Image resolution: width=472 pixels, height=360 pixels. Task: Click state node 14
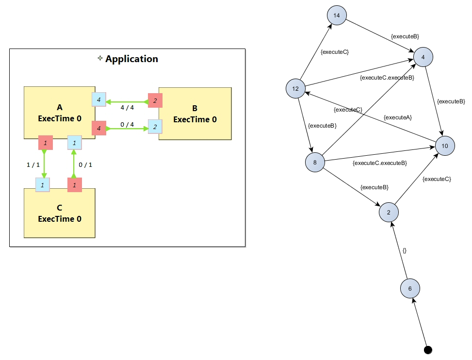(x=337, y=16)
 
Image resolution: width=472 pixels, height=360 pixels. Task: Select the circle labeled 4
(x=423, y=57)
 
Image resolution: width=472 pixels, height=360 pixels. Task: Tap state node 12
(x=295, y=88)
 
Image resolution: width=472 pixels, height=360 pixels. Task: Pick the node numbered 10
(x=445, y=146)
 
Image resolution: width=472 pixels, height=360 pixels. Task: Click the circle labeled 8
(x=315, y=162)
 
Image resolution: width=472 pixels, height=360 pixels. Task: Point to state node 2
(x=389, y=212)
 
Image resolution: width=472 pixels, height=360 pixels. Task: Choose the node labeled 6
(x=410, y=289)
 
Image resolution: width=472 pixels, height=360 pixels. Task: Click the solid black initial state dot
(x=428, y=350)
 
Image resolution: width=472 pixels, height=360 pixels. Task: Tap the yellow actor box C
(x=59, y=213)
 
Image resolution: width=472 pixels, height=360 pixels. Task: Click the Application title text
(x=131, y=59)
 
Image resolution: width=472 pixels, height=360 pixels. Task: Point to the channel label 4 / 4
(x=127, y=108)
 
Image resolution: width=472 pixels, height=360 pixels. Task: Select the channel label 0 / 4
(x=127, y=125)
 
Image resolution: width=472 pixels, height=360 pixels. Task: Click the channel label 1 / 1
(x=33, y=165)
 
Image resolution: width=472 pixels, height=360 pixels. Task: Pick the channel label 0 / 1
(x=85, y=165)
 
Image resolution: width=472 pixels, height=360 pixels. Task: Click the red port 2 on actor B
(x=155, y=100)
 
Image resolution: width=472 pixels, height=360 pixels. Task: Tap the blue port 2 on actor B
(x=155, y=127)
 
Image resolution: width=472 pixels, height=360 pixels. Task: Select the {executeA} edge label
(x=398, y=117)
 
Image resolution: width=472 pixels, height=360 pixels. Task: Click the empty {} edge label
(x=405, y=250)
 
